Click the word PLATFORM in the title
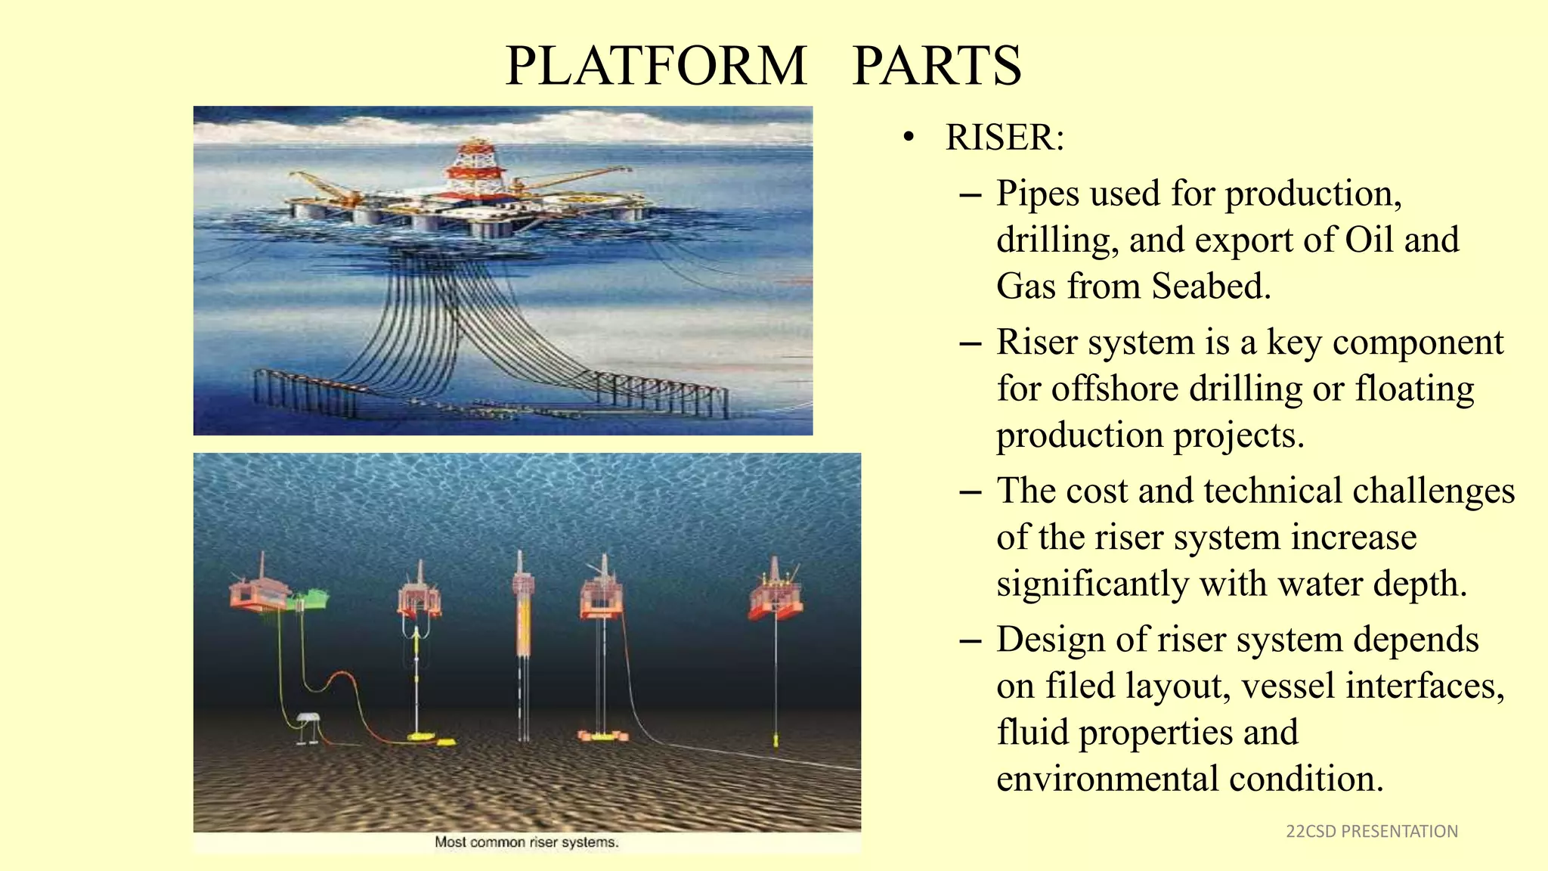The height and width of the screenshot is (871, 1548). click(656, 66)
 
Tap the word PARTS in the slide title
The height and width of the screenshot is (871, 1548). click(937, 66)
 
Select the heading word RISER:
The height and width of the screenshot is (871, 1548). click(1005, 138)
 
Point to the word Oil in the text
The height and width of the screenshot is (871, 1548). click(1369, 240)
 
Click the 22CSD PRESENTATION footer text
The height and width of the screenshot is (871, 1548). click(1371, 832)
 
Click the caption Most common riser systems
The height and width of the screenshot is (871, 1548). click(526, 842)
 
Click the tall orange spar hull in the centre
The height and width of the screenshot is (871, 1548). click(522, 620)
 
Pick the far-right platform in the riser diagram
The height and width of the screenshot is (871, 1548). click(776, 594)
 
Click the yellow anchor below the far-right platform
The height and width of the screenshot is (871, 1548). click(776, 739)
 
